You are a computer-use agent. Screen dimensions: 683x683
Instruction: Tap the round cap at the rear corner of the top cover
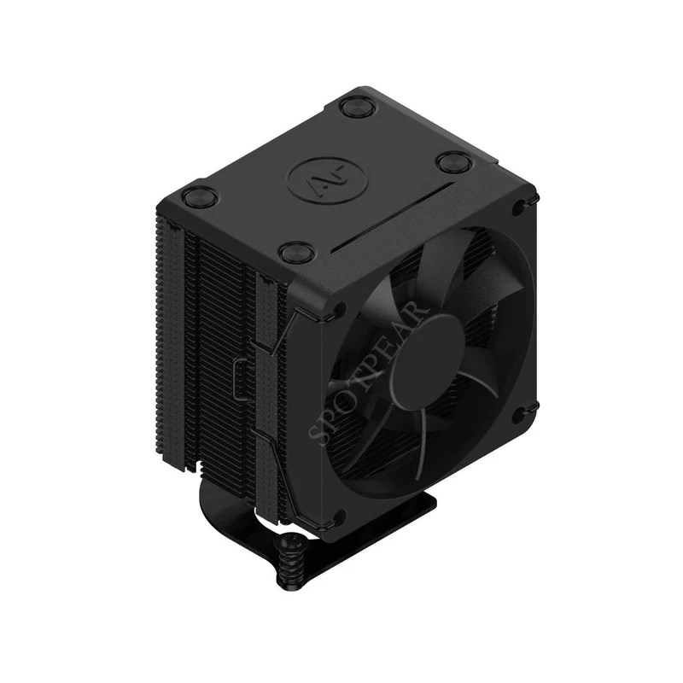[x=353, y=107]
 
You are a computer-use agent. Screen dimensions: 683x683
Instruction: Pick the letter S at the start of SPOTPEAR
[x=322, y=436]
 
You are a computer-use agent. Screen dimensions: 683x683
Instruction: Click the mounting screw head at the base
[x=289, y=544]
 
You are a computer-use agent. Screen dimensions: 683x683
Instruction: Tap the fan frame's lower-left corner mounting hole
[x=337, y=517]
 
